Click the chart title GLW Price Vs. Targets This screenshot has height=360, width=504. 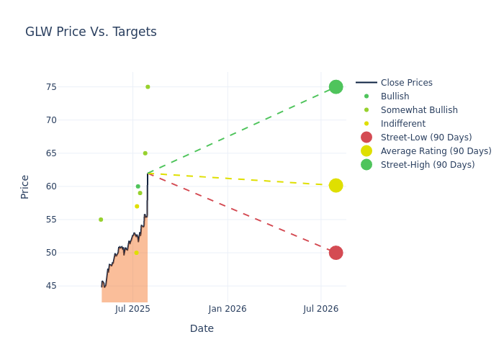click(91, 32)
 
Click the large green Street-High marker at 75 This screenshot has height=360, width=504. click(336, 87)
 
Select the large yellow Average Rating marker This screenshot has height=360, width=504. click(336, 186)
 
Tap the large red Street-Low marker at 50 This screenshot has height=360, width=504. click(336, 253)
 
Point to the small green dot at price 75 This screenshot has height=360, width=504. click(148, 87)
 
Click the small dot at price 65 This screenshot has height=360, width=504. click(145, 153)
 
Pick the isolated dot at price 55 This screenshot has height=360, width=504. click(101, 220)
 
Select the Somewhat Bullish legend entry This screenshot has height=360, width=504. click(419, 110)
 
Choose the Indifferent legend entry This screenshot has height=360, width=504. click(402, 124)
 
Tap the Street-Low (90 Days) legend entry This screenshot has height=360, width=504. click(426, 138)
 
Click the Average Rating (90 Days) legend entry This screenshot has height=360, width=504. click(436, 151)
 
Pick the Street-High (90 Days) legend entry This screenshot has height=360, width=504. click(428, 165)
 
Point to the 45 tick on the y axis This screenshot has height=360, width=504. click(71, 286)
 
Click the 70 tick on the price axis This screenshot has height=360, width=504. click(71, 120)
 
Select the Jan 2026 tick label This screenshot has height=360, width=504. click(228, 309)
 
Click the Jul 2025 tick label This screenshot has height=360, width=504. click(132, 309)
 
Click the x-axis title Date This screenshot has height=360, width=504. click(202, 328)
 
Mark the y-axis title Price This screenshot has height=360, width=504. click(25, 186)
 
